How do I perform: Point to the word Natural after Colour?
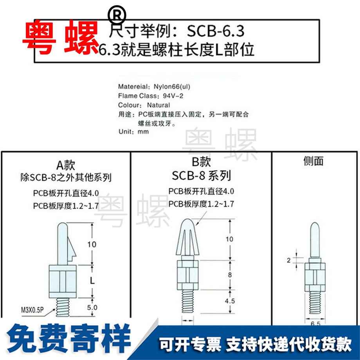pos(158,105)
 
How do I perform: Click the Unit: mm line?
pos(133,132)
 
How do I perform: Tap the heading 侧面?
pos(313,161)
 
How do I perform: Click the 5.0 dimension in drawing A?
pos(92,308)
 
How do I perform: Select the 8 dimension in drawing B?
pos(230,275)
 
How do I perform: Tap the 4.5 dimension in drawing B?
pos(230,302)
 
